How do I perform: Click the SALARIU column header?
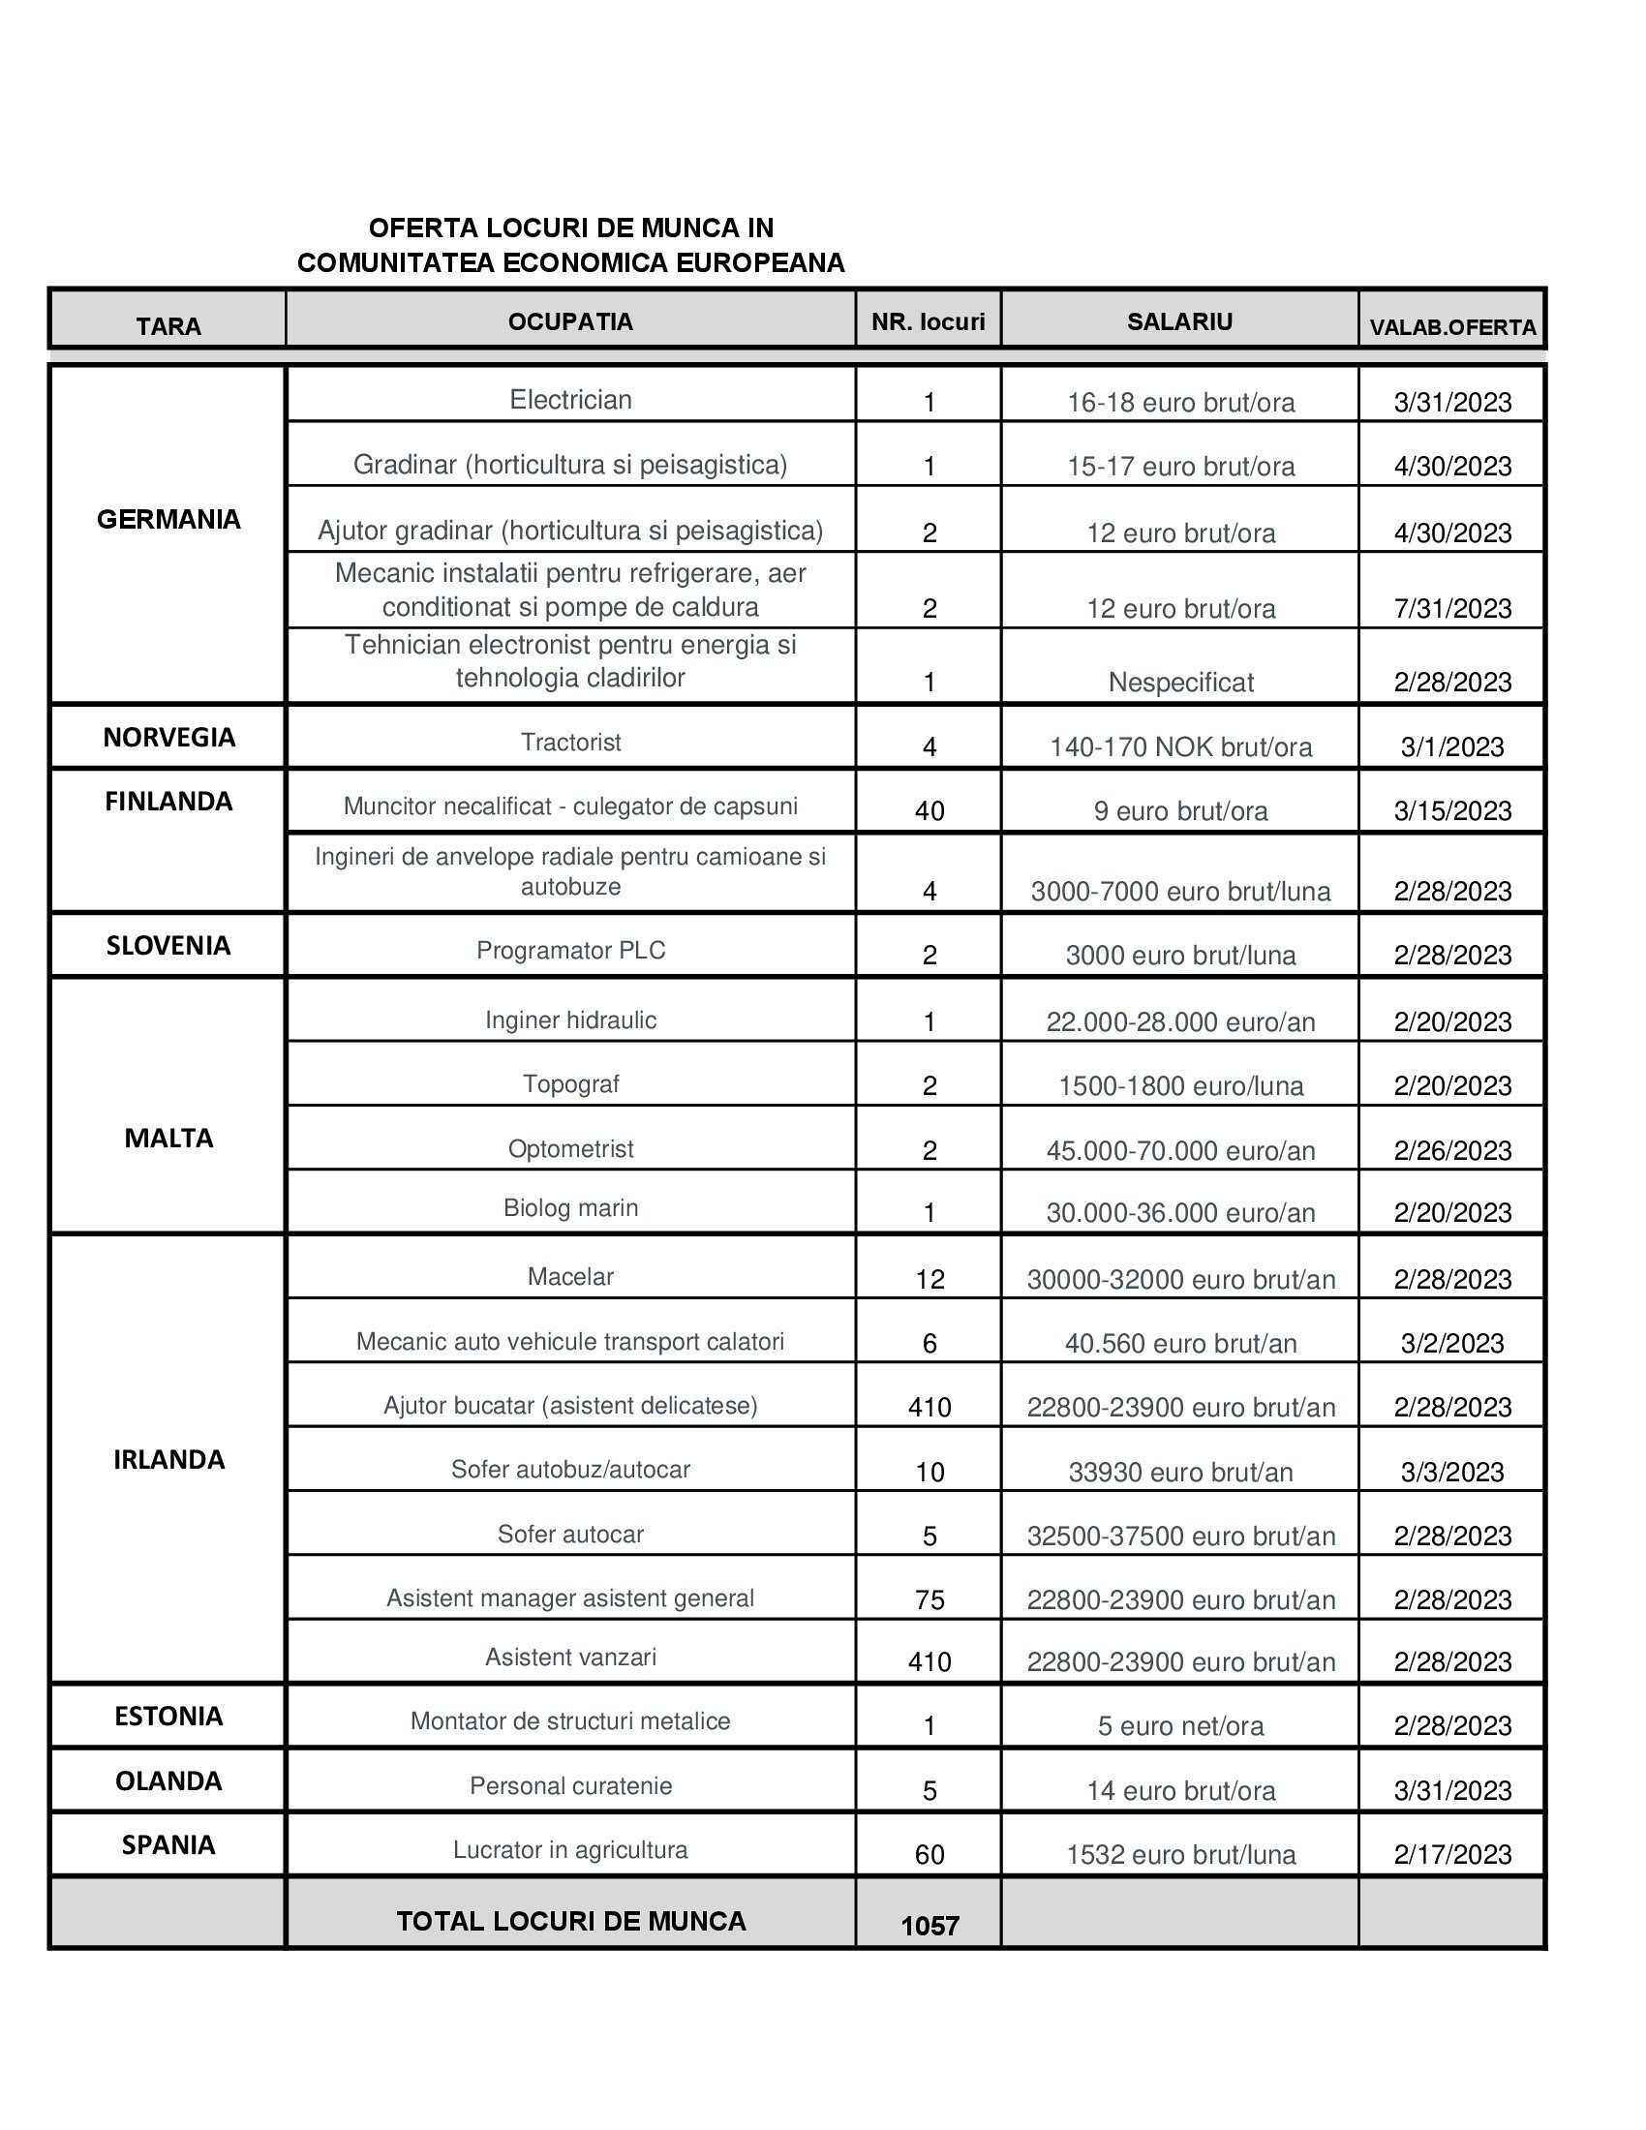click(1179, 321)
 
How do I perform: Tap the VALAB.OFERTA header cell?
click(1452, 327)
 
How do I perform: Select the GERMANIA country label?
click(168, 520)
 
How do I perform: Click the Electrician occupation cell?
click(570, 400)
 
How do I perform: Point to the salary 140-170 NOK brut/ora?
click(1180, 747)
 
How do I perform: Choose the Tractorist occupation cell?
click(570, 743)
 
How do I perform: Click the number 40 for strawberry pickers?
click(930, 810)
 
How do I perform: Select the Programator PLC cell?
click(570, 950)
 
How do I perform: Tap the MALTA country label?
click(168, 1139)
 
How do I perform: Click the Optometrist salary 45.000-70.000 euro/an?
click(1180, 1151)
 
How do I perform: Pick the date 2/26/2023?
click(1452, 1151)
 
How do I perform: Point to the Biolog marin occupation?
click(570, 1207)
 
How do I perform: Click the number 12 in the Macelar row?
click(930, 1280)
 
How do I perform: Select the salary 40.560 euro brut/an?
click(1180, 1344)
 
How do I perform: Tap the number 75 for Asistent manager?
click(930, 1599)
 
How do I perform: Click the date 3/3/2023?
click(1452, 1472)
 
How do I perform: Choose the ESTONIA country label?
click(168, 1716)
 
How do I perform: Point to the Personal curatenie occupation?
click(570, 1785)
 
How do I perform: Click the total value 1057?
click(930, 1925)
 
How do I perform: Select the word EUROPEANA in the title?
click(761, 263)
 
